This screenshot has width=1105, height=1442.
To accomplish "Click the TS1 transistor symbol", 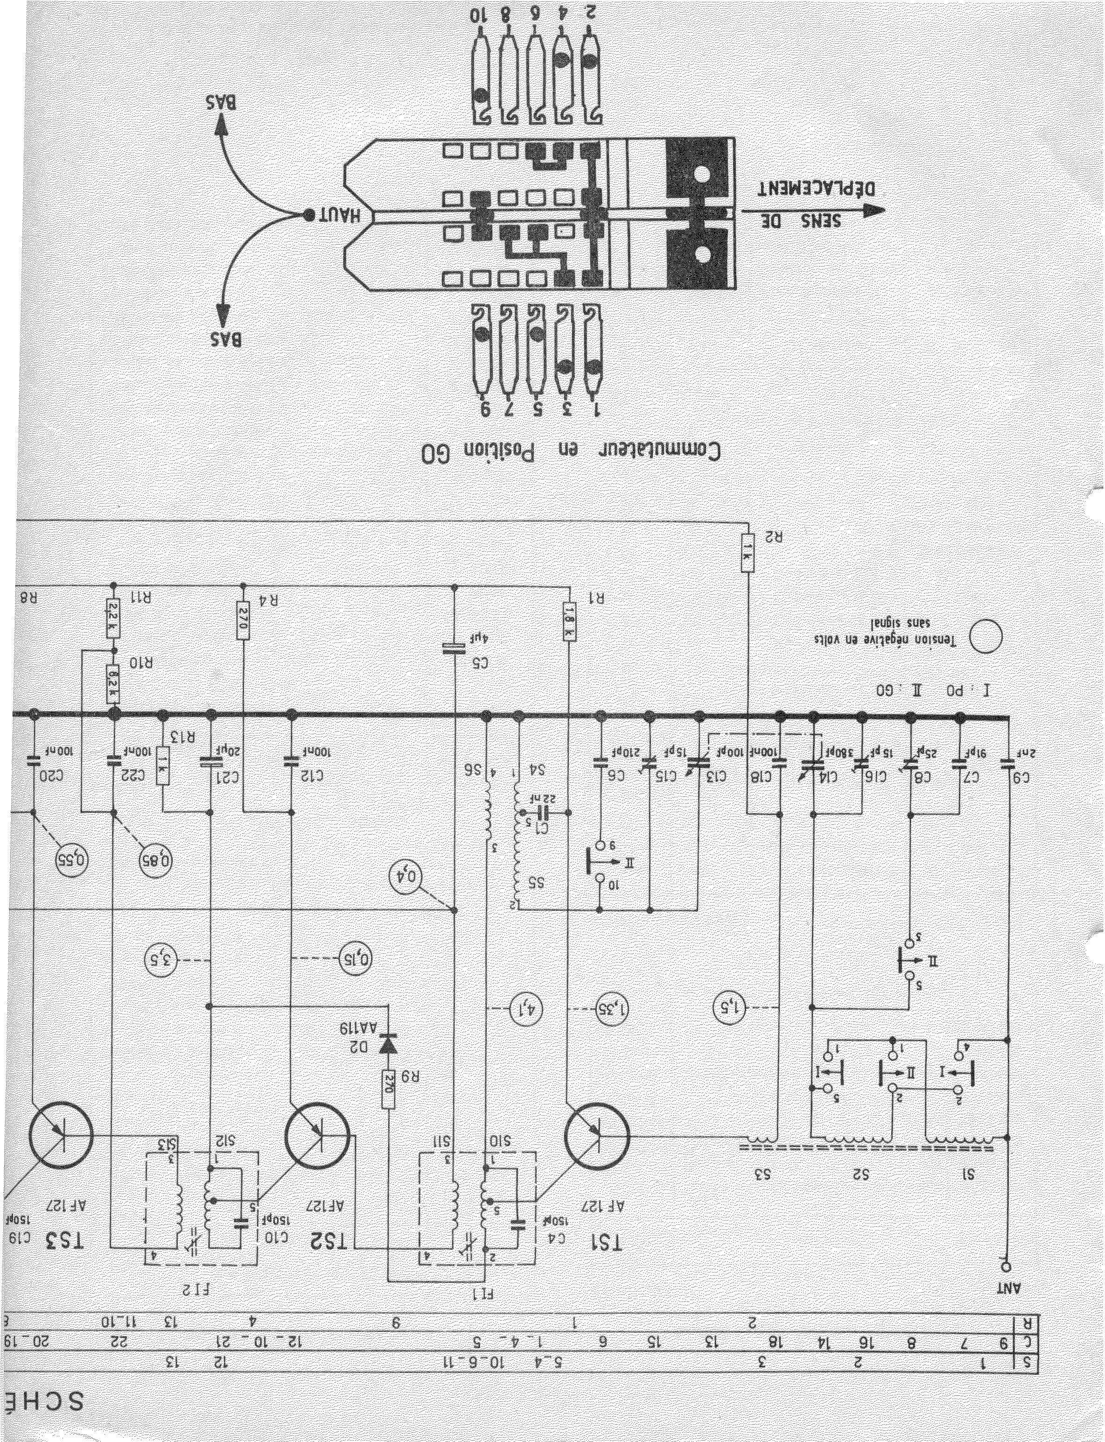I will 597,1134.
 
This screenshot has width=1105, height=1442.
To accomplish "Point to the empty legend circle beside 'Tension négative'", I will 986,636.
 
